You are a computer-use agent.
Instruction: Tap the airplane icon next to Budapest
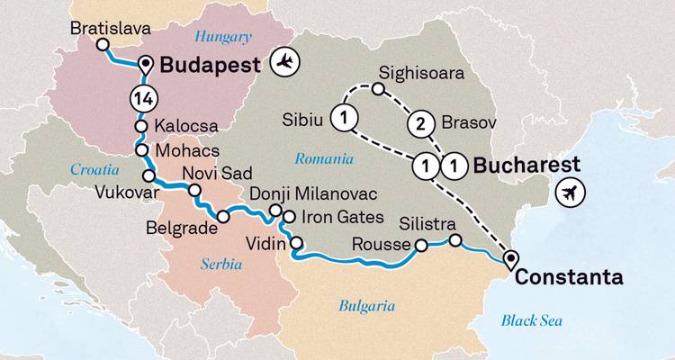287,63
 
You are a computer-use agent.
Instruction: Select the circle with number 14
140,97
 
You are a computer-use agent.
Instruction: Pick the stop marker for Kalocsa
141,126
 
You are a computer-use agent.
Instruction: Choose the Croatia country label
90,167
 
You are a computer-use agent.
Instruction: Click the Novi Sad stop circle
193,190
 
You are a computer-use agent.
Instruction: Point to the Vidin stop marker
294,242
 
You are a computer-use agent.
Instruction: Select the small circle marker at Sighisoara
379,88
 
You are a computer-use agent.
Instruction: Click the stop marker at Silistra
455,239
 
